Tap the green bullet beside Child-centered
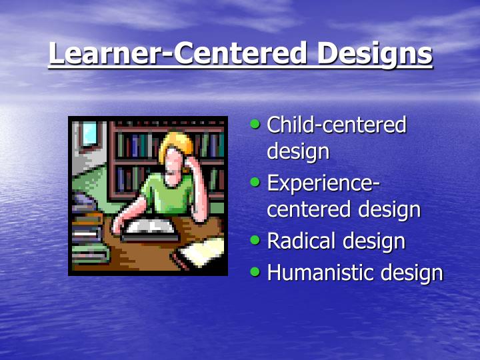point(256,124)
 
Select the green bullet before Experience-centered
point(256,181)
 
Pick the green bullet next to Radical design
point(256,239)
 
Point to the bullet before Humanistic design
point(256,271)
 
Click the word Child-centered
point(337,125)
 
